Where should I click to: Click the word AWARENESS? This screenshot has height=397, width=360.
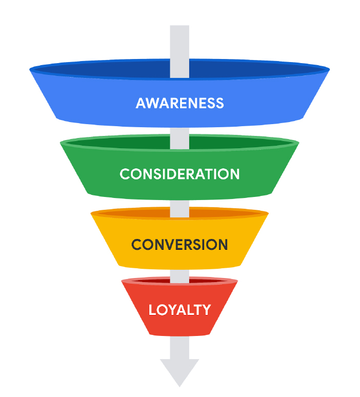point(179,103)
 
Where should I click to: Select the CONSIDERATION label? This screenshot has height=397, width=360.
point(179,174)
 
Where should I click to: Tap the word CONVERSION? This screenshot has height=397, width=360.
point(179,244)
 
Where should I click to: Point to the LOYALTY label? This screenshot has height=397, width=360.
point(179,310)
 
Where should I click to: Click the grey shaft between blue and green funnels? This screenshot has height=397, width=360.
point(179,132)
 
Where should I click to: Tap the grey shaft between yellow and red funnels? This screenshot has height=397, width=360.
point(179,274)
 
